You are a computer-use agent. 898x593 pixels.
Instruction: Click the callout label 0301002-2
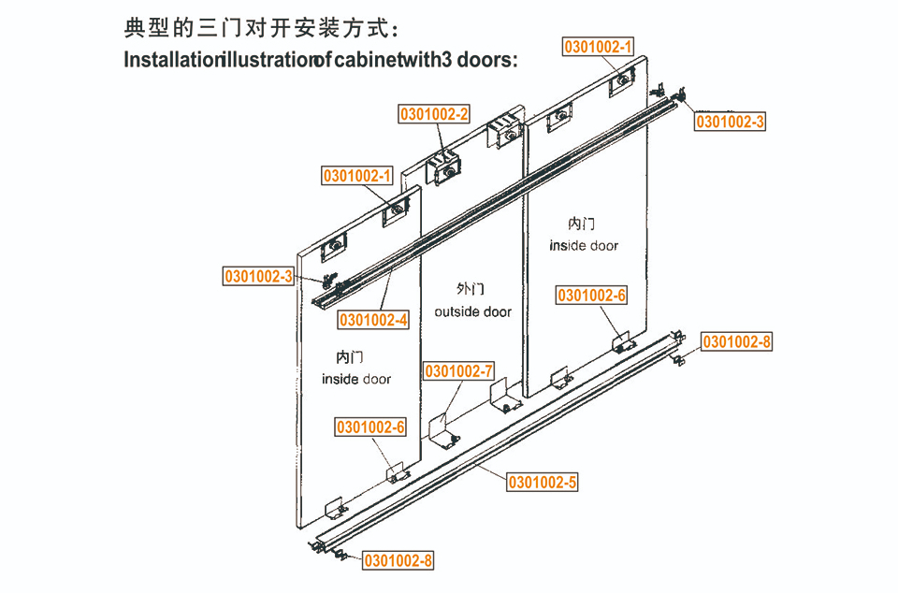click(x=433, y=114)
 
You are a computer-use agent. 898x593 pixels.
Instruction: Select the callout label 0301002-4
click(x=373, y=320)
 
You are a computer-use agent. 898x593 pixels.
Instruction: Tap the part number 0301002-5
click(x=543, y=483)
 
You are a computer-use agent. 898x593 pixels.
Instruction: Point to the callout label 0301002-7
click(x=458, y=371)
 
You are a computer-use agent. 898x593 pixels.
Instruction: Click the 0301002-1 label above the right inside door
click(x=598, y=47)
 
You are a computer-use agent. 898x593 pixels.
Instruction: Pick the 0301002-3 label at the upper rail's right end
click(x=730, y=122)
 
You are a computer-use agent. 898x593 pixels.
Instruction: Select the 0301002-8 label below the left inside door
click(x=398, y=560)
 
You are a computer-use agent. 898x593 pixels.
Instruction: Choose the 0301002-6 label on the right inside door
click(x=591, y=296)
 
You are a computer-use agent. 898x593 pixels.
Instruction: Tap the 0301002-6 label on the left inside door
click(x=370, y=427)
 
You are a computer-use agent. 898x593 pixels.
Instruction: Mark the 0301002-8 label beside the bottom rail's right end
click(x=736, y=341)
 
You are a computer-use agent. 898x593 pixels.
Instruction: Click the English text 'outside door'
click(x=473, y=312)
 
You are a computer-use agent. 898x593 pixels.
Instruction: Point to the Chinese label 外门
click(x=471, y=288)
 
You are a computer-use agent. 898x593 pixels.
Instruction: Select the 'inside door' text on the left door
click(x=356, y=379)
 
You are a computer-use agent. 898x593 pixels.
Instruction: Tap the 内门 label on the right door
click(x=581, y=223)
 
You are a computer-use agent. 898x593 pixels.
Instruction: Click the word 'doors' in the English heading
click(x=486, y=60)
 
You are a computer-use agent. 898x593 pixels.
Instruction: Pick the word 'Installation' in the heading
click(x=172, y=60)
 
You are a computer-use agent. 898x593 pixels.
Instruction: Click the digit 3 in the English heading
click(x=447, y=60)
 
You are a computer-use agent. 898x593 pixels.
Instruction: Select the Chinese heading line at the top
click(x=261, y=28)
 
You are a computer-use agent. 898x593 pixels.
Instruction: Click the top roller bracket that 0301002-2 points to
click(x=443, y=168)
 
